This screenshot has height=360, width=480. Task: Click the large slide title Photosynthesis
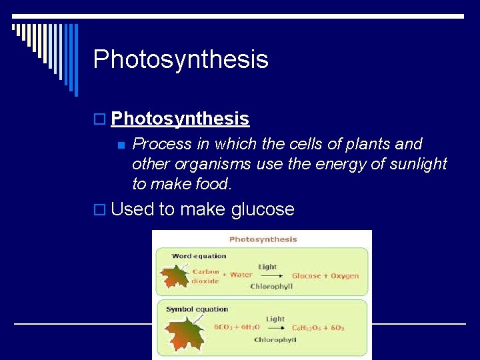[181, 59]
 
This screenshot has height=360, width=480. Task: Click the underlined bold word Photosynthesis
[180, 119]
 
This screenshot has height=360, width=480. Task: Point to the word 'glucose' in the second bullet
[263, 209]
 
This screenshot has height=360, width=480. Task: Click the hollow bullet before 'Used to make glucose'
[99, 209]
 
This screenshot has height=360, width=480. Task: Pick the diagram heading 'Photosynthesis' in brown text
[263, 239]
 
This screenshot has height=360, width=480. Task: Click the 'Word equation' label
[199, 256]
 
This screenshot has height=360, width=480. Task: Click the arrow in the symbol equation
[273, 328]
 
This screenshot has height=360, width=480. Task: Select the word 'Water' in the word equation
[241, 275]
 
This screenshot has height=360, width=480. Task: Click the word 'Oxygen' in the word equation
[345, 276]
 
